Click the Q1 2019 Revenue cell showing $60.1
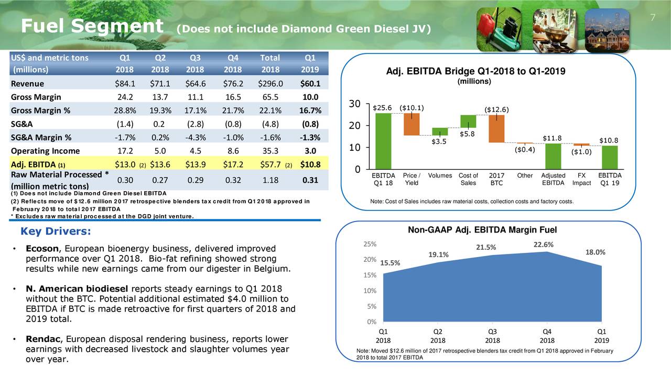[x=311, y=84]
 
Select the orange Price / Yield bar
[x=412, y=125]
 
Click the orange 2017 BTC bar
[x=496, y=129]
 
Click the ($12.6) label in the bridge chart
[x=496, y=109]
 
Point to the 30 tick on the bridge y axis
[x=354, y=104]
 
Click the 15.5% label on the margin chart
[x=389, y=263]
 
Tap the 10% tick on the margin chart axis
[x=369, y=291]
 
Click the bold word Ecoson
[x=41, y=248]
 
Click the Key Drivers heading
[x=55, y=231]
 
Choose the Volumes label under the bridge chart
[x=440, y=175]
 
